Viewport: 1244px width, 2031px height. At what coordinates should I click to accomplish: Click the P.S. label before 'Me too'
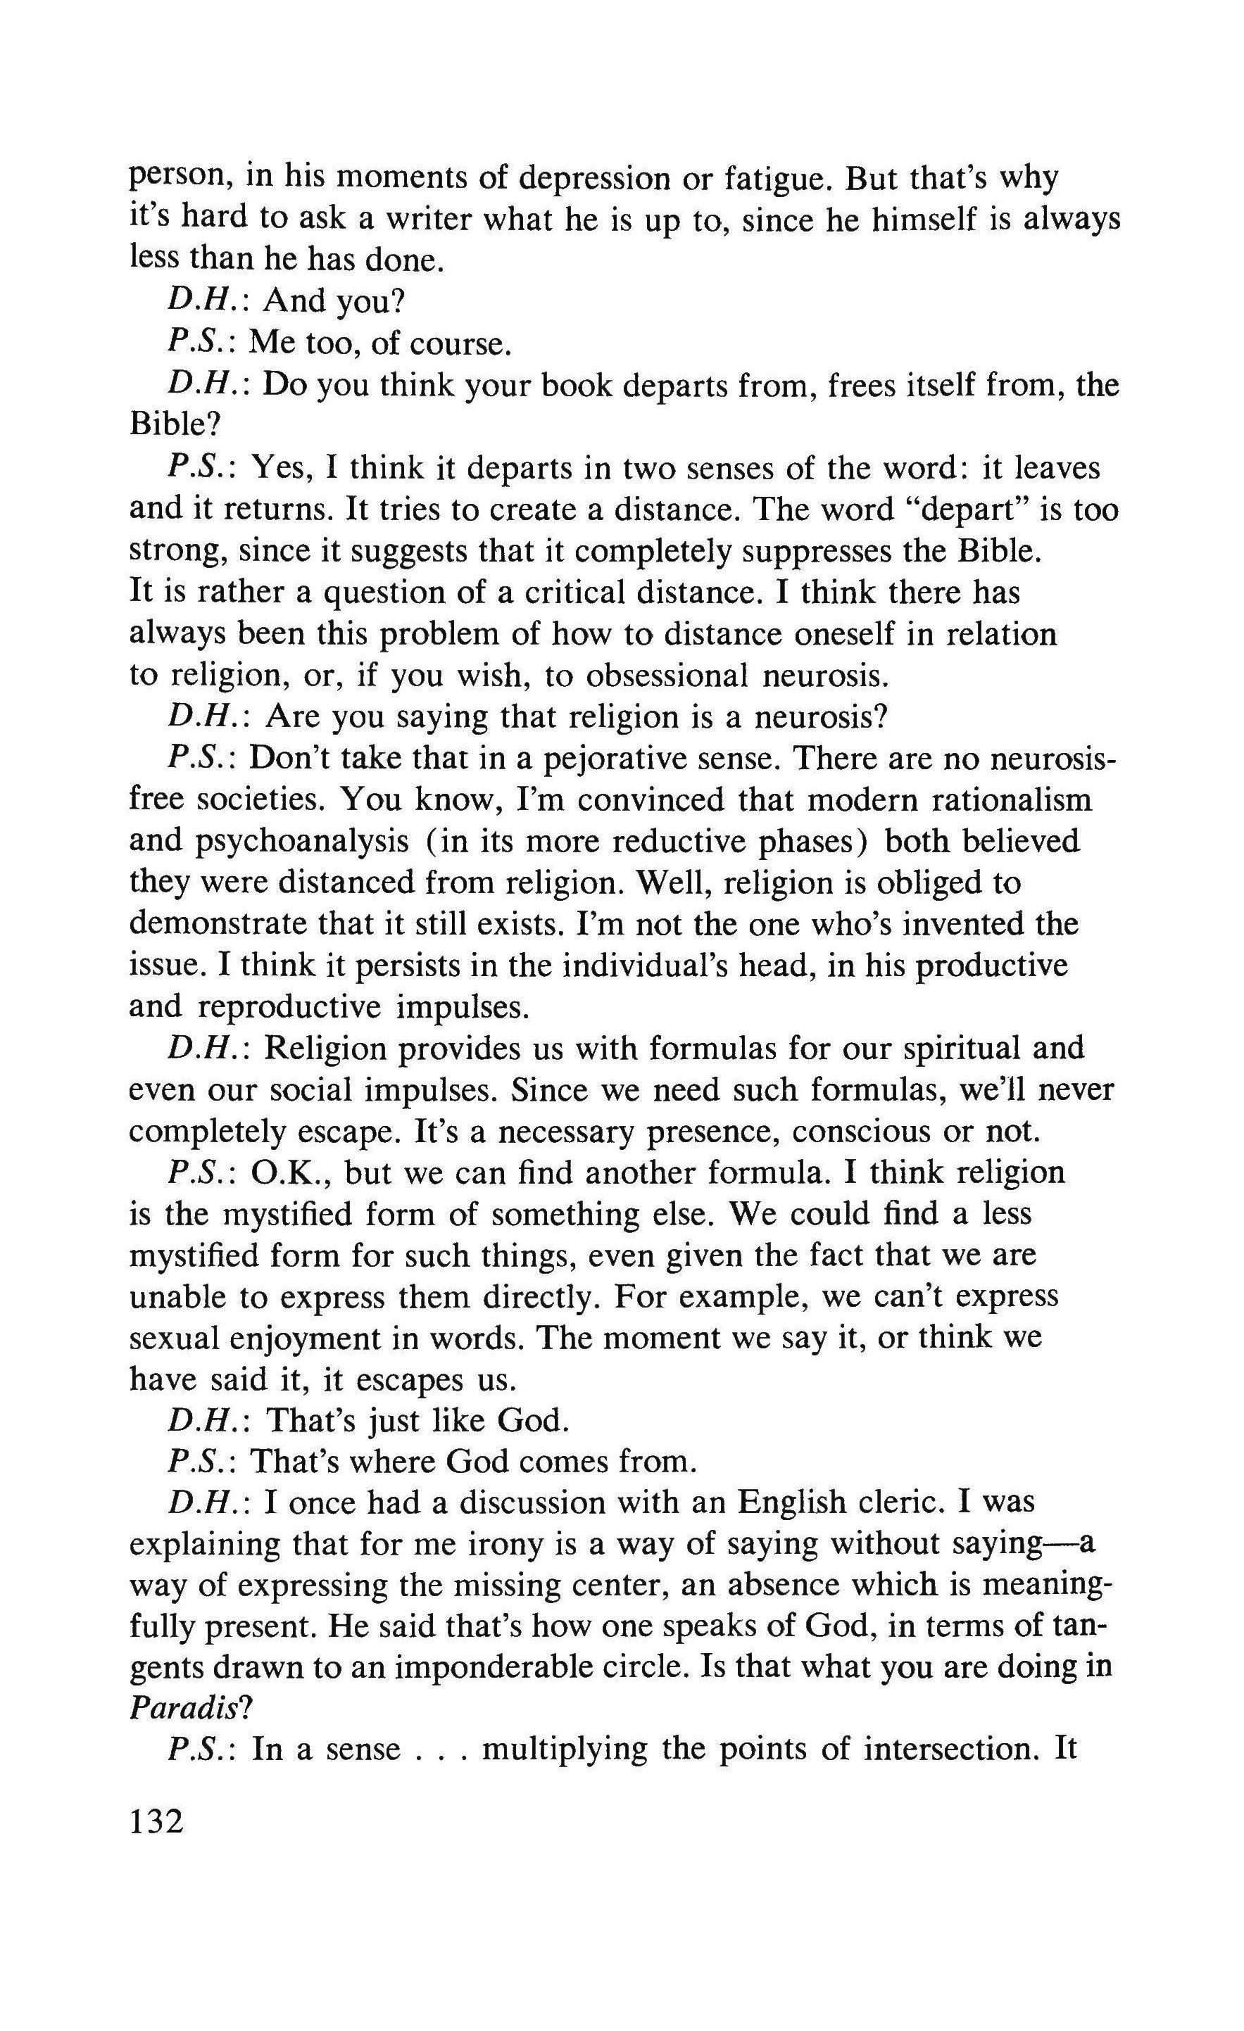(203, 343)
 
